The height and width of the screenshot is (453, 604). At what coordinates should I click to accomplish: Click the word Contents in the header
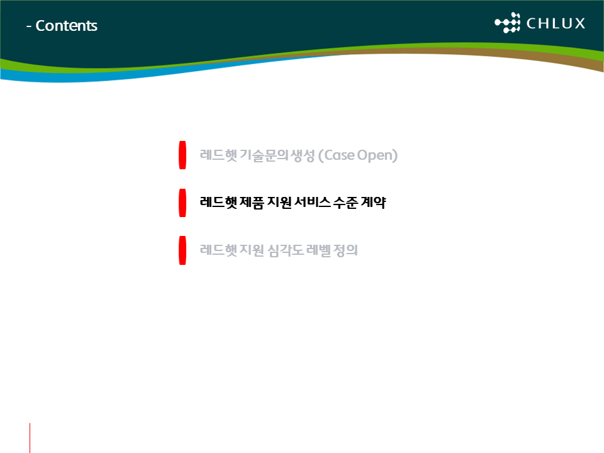pyautogui.click(x=66, y=26)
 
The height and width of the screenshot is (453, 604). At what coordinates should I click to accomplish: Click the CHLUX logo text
pyautogui.click(x=556, y=23)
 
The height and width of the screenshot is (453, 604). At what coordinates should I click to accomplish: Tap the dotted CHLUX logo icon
pyautogui.click(x=507, y=23)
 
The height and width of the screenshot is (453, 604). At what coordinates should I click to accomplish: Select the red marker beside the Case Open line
pyautogui.click(x=182, y=155)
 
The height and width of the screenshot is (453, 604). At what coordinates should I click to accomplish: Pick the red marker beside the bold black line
pyautogui.click(x=182, y=203)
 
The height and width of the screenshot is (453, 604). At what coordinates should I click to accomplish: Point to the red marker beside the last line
pyautogui.click(x=182, y=250)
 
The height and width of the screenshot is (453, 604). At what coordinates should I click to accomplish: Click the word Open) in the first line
pyautogui.click(x=377, y=155)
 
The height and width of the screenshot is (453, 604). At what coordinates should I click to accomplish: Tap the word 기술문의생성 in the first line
pyautogui.click(x=277, y=155)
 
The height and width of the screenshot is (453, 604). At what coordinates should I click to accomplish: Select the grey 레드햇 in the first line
pyautogui.click(x=218, y=155)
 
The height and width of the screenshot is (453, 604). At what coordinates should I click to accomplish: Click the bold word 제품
pyautogui.click(x=252, y=203)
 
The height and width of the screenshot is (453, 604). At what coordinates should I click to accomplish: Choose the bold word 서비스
pyautogui.click(x=313, y=202)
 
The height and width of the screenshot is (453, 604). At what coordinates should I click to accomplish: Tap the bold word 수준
pyautogui.click(x=345, y=203)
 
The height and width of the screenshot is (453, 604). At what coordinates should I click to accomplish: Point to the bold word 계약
pyautogui.click(x=373, y=203)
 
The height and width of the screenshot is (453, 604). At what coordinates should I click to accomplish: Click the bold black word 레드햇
pyautogui.click(x=218, y=203)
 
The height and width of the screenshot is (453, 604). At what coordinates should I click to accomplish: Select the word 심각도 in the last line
pyautogui.click(x=286, y=250)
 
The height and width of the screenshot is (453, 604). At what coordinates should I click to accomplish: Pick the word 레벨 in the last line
pyautogui.click(x=318, y=250)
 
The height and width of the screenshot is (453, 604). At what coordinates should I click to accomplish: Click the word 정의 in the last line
pyautogui.click(x=345, y=250)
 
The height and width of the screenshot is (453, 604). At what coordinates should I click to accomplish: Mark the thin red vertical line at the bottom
pyautogui.click(x=30, y=438)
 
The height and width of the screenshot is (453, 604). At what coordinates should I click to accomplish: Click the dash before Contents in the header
pyautogui.click(x=28, y=27)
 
